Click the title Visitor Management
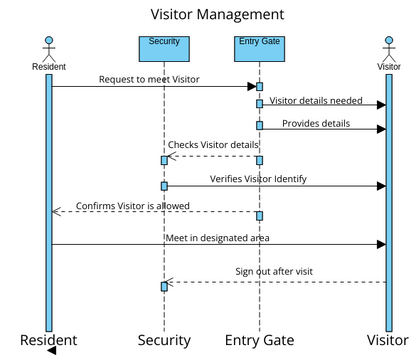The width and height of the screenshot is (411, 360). pyautogui.click(x=217, y=14)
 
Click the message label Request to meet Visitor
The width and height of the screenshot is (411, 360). pyautogui.click(x=149, y=77)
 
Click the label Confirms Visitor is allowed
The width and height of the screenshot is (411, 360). pyautogui.click(x=133, y=207)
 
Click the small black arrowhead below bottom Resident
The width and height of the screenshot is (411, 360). pyautogui.click(x=50, y=352)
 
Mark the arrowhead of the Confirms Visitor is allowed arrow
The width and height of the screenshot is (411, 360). pyautogui.click(x=56, y=212)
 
